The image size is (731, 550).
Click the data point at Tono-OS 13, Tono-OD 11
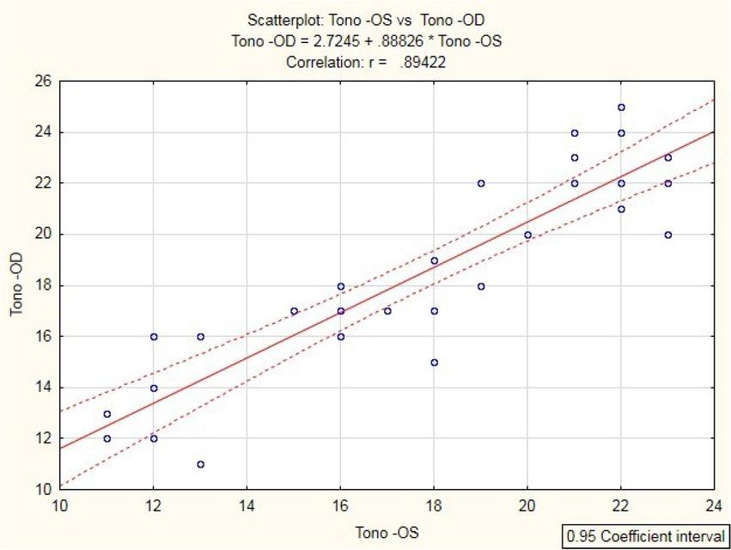click(200, 464)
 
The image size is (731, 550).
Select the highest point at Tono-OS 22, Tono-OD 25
click(621, 107)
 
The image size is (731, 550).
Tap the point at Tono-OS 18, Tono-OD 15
click(434, 363)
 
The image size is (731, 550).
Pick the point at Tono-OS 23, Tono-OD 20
click(667, 235)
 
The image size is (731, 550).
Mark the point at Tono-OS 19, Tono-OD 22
click(481, 183)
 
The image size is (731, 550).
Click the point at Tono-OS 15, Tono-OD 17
click(294, 311)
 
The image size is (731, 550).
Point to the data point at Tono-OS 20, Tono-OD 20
click(527, 235)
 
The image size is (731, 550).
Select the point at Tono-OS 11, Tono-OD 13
click(107, 413)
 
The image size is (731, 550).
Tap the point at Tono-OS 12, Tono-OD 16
click(154, 337)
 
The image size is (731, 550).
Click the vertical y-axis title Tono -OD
click(16, 286)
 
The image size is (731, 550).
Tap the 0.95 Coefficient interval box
click(644, 536)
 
